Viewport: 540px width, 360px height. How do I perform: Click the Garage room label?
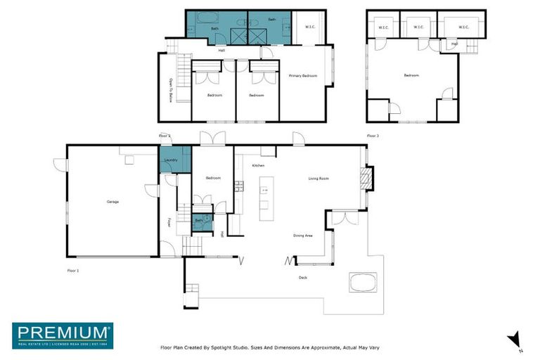112,202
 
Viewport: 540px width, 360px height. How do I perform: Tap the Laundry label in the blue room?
170,160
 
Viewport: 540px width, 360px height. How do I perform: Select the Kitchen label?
257,165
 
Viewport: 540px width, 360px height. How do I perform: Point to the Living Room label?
319,179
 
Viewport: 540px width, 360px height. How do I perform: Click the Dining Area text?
303,236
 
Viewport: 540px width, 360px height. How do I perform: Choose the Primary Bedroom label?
303,75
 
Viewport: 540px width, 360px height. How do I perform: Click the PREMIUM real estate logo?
62,335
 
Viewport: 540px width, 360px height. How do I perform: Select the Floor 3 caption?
373,136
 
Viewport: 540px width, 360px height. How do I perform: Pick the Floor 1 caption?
73,270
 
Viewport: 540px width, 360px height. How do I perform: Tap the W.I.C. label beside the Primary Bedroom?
309,27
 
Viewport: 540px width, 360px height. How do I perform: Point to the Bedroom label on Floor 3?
411,75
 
